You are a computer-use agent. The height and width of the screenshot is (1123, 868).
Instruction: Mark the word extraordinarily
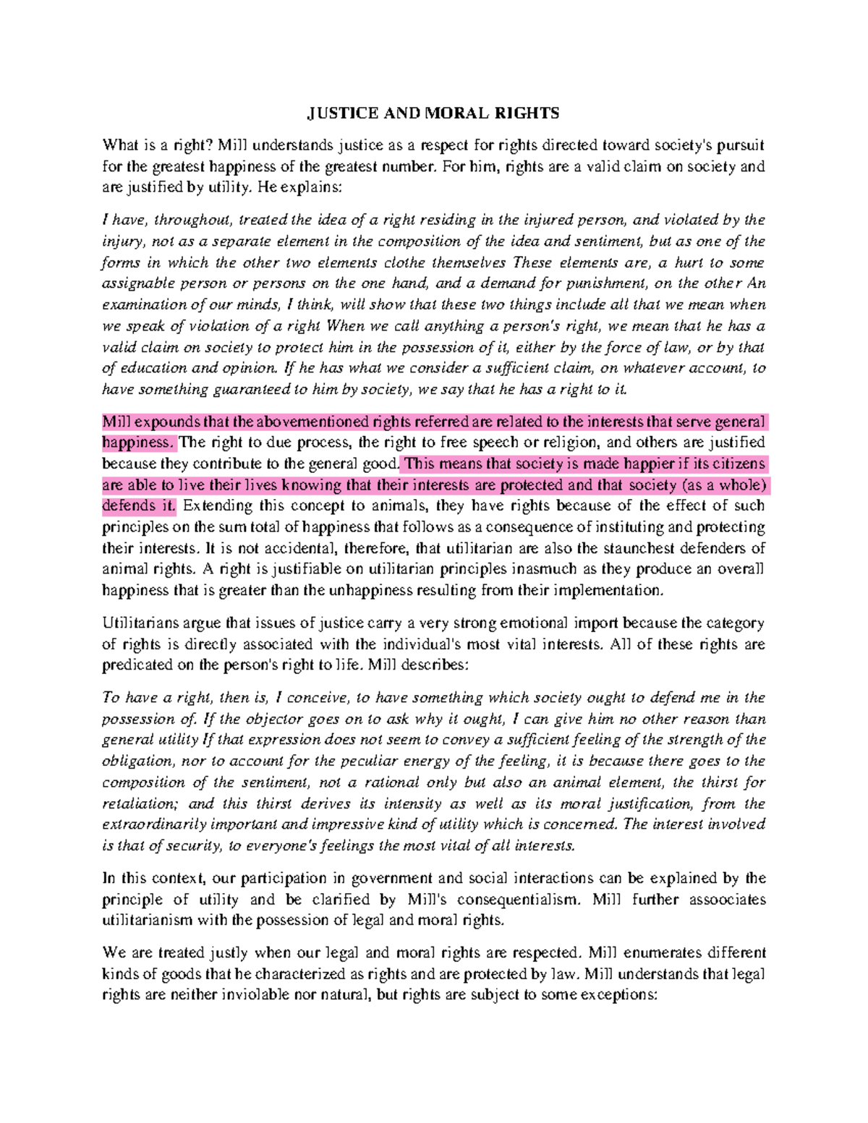click(x=153, y=825)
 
